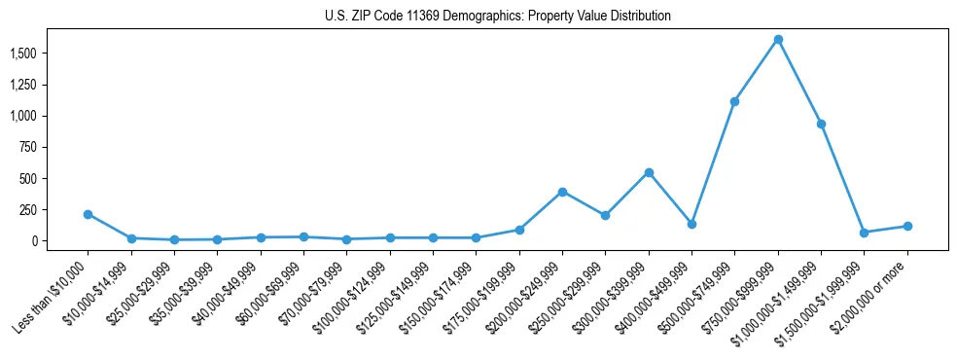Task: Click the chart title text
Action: pyautogui.click(x=498, y=16)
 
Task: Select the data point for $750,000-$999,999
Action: pyautogui.click(x=778, y=40)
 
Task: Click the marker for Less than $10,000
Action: pyautogui.click(x=88, y=214)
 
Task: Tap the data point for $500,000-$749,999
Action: pyautogui.click(x=734, y=101)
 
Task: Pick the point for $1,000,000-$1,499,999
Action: pyautogui.click(x=821, y=124)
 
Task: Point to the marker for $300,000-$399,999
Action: pyautogui.click(x=649, y=172)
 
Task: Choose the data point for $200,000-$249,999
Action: pyautogui.click(x=562, y=192)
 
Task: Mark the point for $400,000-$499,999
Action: pyautogui.click(x=691, y=224)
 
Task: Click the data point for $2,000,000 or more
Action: pyautogui.click(x=907, y=226)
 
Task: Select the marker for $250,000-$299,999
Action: pyautogui.click(x=605, y=215)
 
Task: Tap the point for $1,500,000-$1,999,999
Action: pyautogui.click(x=864, y=233)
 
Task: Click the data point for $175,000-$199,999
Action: pyautogui.click(x=519, y=230)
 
